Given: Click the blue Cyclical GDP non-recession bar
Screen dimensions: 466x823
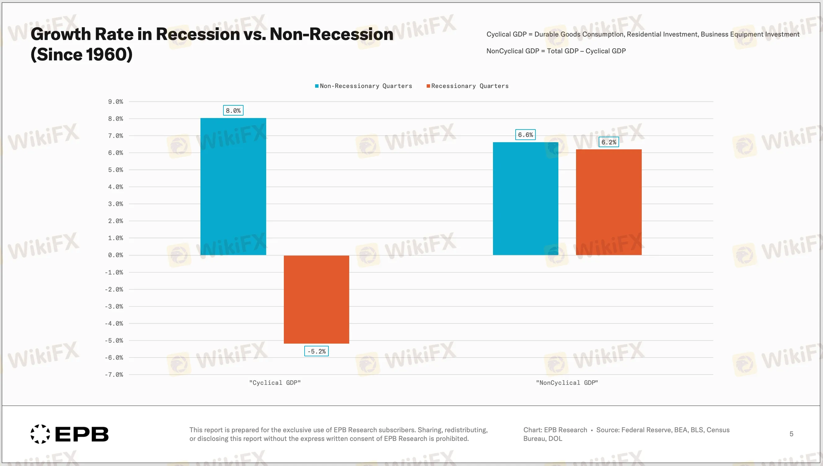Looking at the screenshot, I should coord(233,186).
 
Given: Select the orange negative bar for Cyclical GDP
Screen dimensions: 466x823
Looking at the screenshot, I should coord(316,299).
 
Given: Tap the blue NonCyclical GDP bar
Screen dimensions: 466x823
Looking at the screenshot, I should coord(526,198).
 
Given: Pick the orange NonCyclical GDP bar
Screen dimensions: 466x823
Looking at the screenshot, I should coord(609,202).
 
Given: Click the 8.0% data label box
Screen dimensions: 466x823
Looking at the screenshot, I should coord(233,110).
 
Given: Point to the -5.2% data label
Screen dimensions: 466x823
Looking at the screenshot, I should coord(316,351).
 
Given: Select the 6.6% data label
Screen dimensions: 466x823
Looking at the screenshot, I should coord(525,135).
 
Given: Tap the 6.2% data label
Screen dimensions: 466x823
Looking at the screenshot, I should coord(609,142).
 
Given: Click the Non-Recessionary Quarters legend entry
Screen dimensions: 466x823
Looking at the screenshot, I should coord(364,86).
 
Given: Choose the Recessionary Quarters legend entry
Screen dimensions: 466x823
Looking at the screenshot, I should coord(468,86).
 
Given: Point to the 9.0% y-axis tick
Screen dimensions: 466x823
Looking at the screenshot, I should coord(115,101).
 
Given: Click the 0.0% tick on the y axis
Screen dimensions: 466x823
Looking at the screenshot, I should coord(115,255).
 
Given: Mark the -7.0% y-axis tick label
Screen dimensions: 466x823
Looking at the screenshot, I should coord(114,375).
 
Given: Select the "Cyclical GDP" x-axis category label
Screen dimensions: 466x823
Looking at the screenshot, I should coord(275,382).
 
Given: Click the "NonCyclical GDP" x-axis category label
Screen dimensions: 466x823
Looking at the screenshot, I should coord(567,382).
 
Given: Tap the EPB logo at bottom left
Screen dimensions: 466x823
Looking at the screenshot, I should coord(69,434).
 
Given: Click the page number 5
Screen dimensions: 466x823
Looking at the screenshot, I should coord(791,434).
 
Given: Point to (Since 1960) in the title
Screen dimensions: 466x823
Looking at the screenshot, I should coord(81,55).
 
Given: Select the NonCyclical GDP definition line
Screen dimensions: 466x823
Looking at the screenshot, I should coord(556,51).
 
